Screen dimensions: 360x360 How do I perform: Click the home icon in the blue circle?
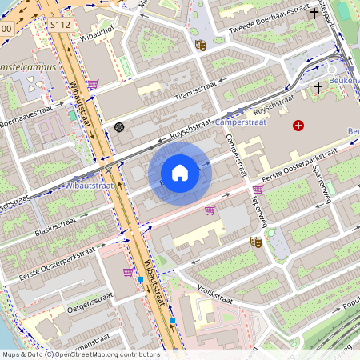click(x=180, y=173)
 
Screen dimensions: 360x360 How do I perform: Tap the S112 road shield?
click(x=60, y=26)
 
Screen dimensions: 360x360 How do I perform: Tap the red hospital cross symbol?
click(x=298, y=126)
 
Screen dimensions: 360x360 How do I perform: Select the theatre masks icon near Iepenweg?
click(x=256, y=241)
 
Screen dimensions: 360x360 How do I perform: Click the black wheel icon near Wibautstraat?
click(x=119, y=126)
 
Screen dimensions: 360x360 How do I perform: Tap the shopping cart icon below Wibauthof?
click(x=93, y=83)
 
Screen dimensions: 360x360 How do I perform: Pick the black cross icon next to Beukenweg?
click(x=318, y=86)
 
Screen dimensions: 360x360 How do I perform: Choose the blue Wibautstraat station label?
click(x=90, y=185)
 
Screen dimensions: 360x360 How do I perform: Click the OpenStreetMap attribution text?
click(x=80, y=354)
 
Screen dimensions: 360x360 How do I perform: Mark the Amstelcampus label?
click(x=28, y=67)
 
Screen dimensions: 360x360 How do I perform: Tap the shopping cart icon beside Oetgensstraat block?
click(x=127, y=272)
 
